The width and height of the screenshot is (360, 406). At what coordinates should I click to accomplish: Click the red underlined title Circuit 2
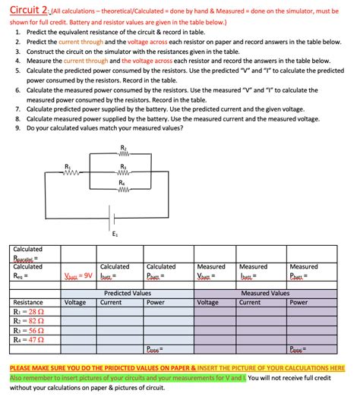click(x=27, y=8)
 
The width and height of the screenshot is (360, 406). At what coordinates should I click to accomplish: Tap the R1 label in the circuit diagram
click(x=68, y=165)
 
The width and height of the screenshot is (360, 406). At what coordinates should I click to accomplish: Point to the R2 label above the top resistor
click(x=124, y=146)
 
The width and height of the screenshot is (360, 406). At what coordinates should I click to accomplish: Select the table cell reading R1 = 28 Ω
click(x=29, y=311)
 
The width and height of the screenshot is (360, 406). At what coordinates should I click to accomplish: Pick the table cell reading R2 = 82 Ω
click(x=29, y=321)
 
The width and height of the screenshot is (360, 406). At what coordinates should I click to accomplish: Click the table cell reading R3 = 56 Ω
click(x=29, y=331)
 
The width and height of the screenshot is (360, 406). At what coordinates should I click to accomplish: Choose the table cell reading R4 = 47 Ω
click(x=29, y=341)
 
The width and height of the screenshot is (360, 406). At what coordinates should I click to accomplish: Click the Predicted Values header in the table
click(x=127, y=292)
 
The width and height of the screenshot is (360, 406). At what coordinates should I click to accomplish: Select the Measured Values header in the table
click(x=264, y=292)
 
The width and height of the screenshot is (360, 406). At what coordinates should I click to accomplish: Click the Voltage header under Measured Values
click(x=208, y=301)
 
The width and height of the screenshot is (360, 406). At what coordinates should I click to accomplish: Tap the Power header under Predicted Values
click(x=156, y=301)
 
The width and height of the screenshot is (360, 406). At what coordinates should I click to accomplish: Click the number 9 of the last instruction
click(x=17, y=128)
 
